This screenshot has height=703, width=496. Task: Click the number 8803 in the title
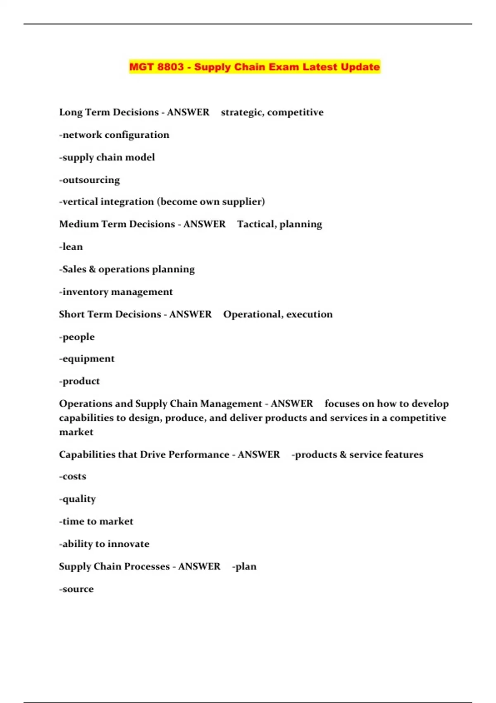click(x=170, y=67)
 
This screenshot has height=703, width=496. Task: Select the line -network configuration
click(x=114, y=135)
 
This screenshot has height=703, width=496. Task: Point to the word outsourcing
click(x=91, y=180)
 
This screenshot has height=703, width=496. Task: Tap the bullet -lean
click(x=71, y=247)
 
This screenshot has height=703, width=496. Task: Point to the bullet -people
click(x=77, y=337)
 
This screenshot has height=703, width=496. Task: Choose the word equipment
click(x=88, y=359)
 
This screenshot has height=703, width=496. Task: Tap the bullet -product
click(x=79, y=381)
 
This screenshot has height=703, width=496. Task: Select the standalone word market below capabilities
click(x=76, y=432)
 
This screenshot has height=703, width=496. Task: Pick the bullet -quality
click(x=77, y=499)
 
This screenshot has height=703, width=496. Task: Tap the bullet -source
click(x=76, y=589)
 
